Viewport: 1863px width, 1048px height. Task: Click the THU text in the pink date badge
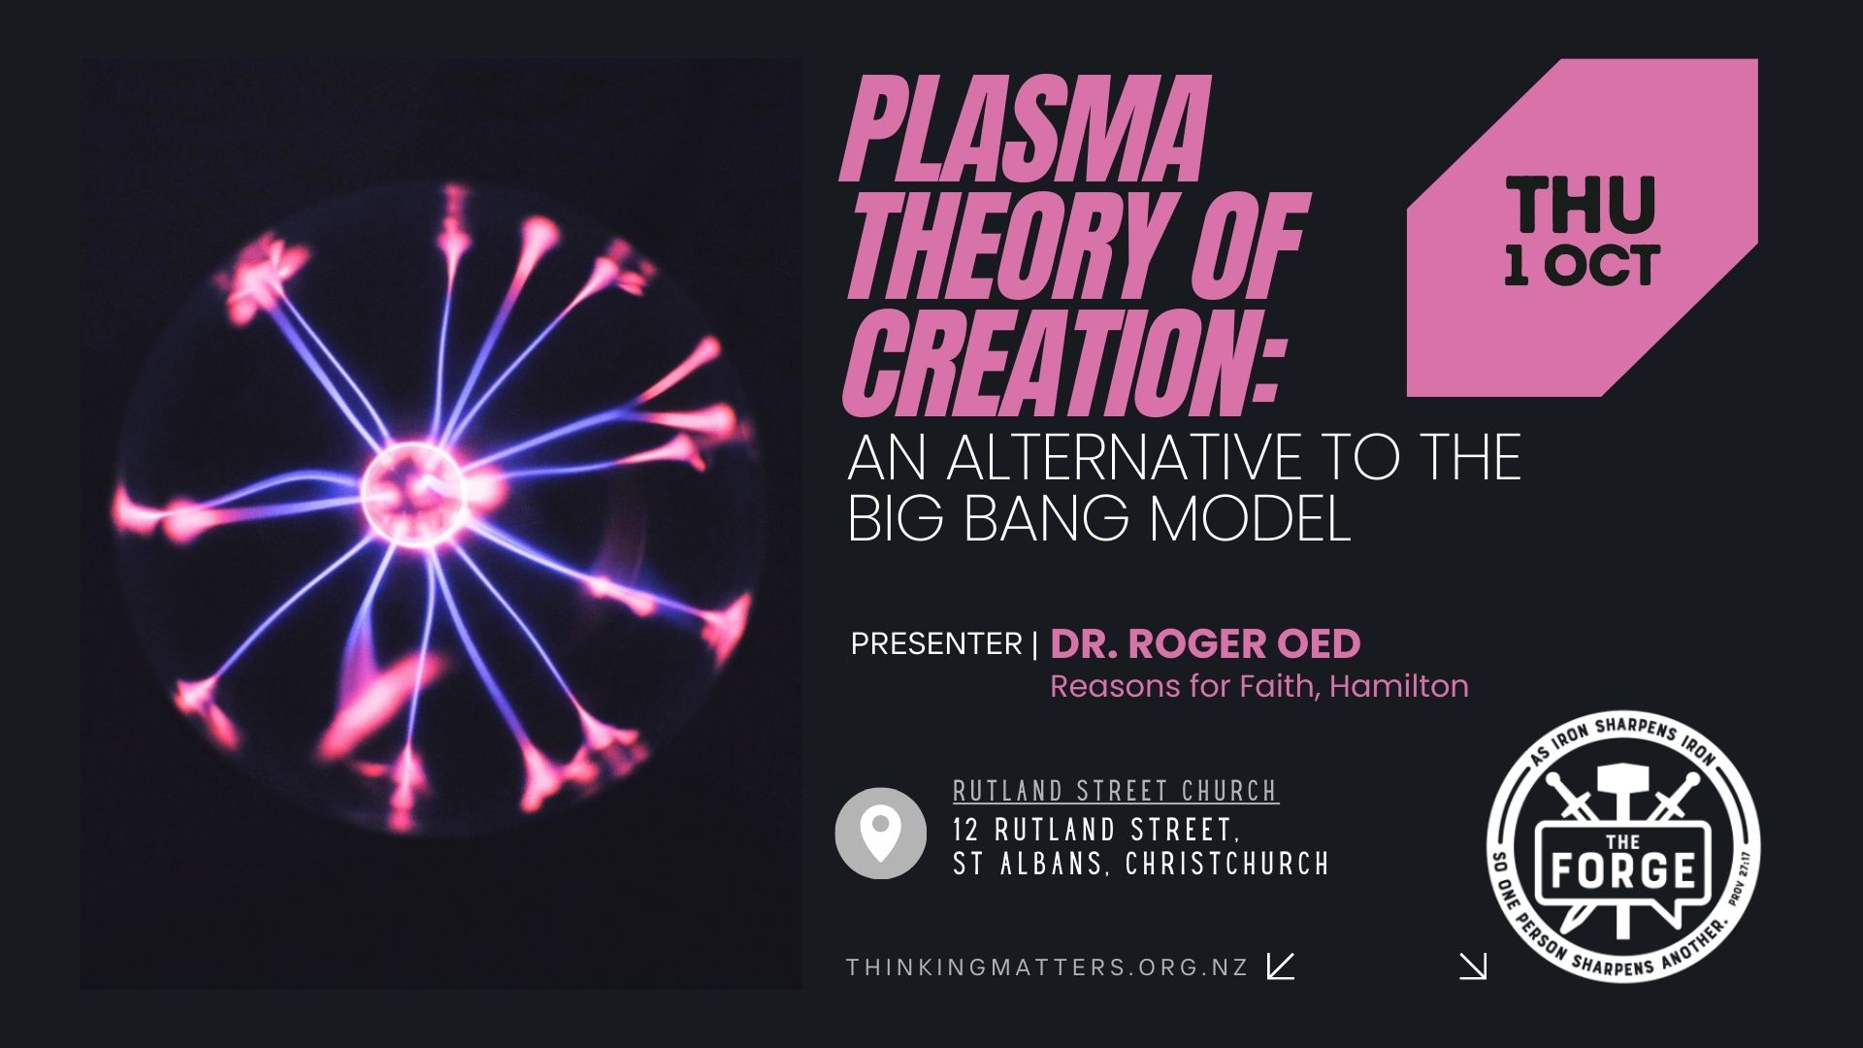[x=1581, y=204]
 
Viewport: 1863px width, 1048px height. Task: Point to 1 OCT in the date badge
[x=1582, y=265]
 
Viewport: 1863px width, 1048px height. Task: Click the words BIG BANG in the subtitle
[x=988, y=518]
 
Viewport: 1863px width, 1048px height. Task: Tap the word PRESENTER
[x=936, y=643]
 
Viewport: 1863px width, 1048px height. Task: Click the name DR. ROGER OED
[x=1205, y=643]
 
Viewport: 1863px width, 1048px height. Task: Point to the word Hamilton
[x=1398, y=686]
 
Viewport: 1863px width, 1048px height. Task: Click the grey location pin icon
[x=880, y=834]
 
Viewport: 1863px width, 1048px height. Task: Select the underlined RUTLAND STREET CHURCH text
[x=1116, y=792]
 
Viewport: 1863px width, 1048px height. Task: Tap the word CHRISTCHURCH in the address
[x=1227, y=864]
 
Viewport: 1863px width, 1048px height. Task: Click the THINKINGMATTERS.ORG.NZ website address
[x=1047, y=967]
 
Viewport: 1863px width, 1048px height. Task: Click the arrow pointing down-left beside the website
[x=1281, y=966]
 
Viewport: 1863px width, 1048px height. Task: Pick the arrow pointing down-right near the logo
[x=1473, y=966]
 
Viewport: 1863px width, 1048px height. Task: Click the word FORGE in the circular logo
[x=1622, y=870]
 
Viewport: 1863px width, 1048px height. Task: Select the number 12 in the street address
[x=965, y=831]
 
